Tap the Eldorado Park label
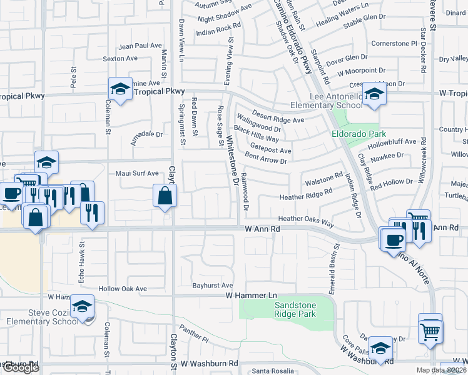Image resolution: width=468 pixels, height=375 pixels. [358, 134]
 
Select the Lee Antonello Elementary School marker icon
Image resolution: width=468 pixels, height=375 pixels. [374, 94]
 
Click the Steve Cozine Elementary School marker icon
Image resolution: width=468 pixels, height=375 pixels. [81, 306]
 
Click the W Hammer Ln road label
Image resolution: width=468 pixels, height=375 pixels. [251, 294]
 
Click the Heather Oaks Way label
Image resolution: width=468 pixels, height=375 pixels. [306, 219]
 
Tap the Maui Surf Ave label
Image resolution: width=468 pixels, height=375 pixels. [136, 173]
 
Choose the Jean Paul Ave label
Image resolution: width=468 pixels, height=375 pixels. [140, 46]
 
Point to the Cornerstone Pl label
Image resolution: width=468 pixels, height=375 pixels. [394, 44]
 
